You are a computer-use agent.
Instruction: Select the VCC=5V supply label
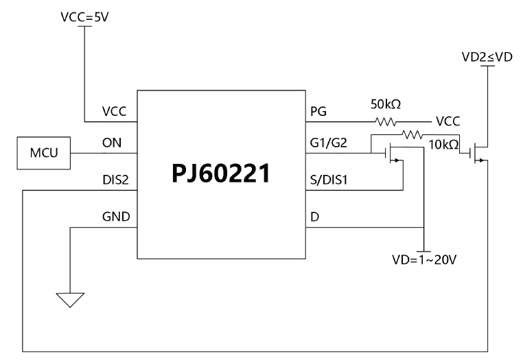[x=84, y=18]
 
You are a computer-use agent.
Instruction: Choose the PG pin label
[x=318, y=112]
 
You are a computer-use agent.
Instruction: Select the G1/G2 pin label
[x=328, y=145]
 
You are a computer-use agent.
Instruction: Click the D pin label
[x=315, y=217]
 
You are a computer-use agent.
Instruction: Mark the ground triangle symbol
[x=70, y=300]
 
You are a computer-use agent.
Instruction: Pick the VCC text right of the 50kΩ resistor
[x=448, y=121]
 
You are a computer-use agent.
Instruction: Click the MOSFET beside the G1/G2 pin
[x=393, y=154]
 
